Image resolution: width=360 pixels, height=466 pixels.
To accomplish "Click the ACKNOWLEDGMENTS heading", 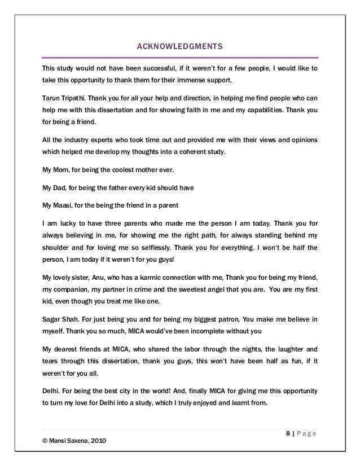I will (x=180, y=45).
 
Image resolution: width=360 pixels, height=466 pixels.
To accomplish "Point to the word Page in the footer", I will (x=307, y=433).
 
